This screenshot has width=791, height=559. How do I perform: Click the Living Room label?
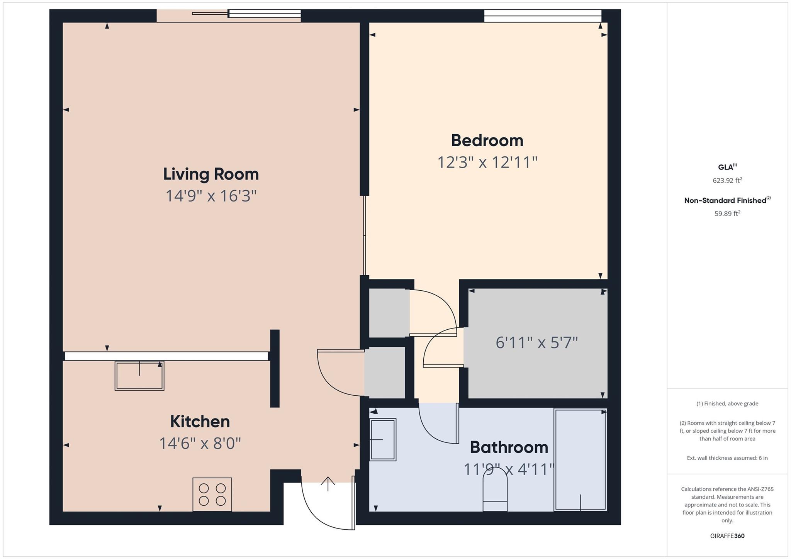click(211, 174)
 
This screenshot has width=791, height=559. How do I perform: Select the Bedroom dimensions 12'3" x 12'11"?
click(487, 162)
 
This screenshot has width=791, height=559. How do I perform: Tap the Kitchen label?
click(200, 422)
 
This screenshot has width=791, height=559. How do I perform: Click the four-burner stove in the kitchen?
click(212, 494)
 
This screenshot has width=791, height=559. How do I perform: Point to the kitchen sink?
click(139, 376)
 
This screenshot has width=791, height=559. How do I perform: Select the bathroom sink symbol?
click(383, 440)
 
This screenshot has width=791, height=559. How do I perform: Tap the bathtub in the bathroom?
click(580, 459)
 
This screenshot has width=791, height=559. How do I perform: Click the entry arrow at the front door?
click(328, 483)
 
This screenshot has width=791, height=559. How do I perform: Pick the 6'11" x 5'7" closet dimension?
click(536, 342)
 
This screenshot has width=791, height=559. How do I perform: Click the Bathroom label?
click(509, 447)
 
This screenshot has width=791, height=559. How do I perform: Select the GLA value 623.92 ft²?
click(727, 180)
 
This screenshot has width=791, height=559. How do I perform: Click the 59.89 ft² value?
click(727, 213)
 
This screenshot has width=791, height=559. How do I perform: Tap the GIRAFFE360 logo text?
click(727, 536)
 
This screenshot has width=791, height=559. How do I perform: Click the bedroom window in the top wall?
click(542, 16)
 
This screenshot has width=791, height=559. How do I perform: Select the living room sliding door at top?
click(247, 14)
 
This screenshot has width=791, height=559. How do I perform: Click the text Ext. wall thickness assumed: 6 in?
click(727, 458)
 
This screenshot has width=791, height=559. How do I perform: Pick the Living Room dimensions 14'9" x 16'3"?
click(211, 196)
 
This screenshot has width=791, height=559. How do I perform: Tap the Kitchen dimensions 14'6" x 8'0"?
click(200, 444)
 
